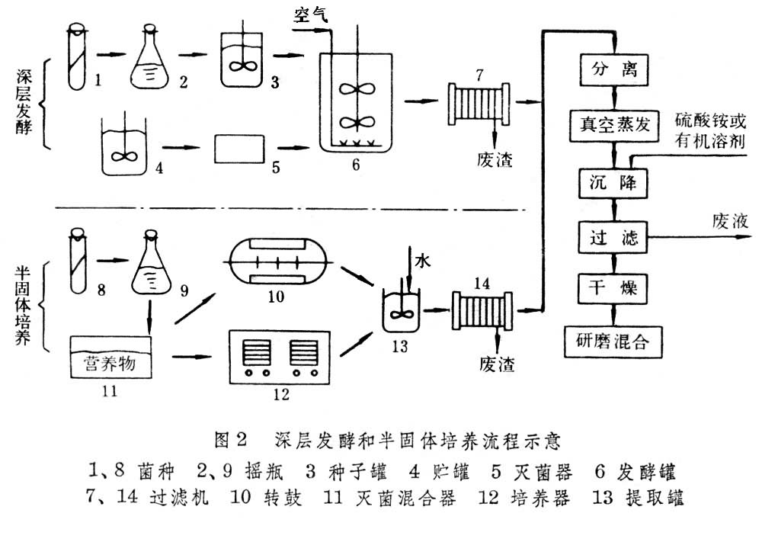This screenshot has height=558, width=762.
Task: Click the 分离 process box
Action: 613,71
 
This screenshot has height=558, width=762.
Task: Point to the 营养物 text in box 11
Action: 109,365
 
